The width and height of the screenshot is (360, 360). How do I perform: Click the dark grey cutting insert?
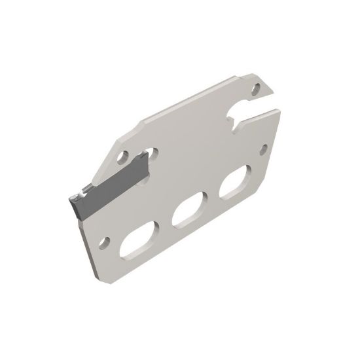click(x=108, y=190)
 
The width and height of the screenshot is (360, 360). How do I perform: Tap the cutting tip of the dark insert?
click(x=71, y=198)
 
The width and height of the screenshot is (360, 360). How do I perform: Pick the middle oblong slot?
click(x=190, y=211)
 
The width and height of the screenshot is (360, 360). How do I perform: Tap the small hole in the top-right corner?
click(x=255, y=85)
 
